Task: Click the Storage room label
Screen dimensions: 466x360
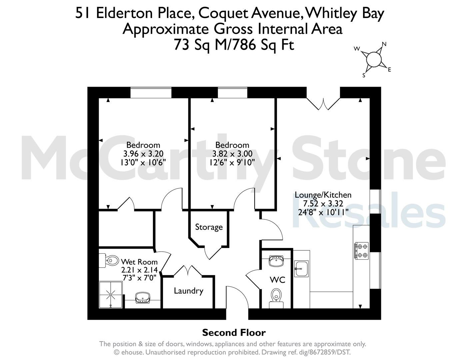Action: pyautogui.click(x=209, y=227)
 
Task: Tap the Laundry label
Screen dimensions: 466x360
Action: pyautogui.click(x=189, y=291)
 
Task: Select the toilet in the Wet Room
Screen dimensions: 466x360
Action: pyautogui.click(x=109, y=261)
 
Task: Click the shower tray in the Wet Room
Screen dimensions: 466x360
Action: pyautogui.click(x=111, y=295)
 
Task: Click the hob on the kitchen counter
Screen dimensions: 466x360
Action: pyautogui.click(x=362, y=251)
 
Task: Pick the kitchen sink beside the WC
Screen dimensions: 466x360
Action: pyautogui.click(x=301, y=269)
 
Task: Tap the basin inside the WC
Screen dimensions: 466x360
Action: pyautogui.click(x=276, y=261)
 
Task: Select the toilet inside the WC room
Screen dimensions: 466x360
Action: pyautogui.click(x=276, y=298)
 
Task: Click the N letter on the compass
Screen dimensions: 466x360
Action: pyautogui.click(x=384, y=44)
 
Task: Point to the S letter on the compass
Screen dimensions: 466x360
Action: pyautogui.click(x=364, y=75)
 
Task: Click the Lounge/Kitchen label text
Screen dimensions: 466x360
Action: pyautogui.click(x=323, y=195)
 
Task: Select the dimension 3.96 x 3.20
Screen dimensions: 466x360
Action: pyautogui.click(x=143, y=154)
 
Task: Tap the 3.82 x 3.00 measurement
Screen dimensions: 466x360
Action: pyautogui.click(x=232, y=154)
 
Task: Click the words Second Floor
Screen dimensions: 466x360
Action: pyautogui.click(x=234, y=333)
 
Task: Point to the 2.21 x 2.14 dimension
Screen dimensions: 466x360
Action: pyautogui.click(x=139, y=270)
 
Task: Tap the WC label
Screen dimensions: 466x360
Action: pyautogui.click(x=277, y=280)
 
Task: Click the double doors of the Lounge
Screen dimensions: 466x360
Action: pyautogui.click(x=323, y=104)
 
